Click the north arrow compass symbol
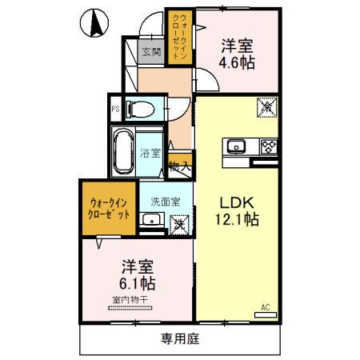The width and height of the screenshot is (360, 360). pos(94,22)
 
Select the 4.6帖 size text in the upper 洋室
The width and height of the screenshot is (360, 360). pos(238,62)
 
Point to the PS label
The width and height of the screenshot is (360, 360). pos(116,110)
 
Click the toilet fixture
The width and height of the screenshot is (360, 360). pos(145,109)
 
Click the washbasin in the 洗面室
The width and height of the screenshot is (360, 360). pos(149,221)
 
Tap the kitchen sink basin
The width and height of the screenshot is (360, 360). pos(238,146)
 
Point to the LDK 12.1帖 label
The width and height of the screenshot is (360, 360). pos(234,210)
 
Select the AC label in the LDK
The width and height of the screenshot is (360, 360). pos(265,306)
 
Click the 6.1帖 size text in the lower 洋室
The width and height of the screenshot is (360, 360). pos(138,282)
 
